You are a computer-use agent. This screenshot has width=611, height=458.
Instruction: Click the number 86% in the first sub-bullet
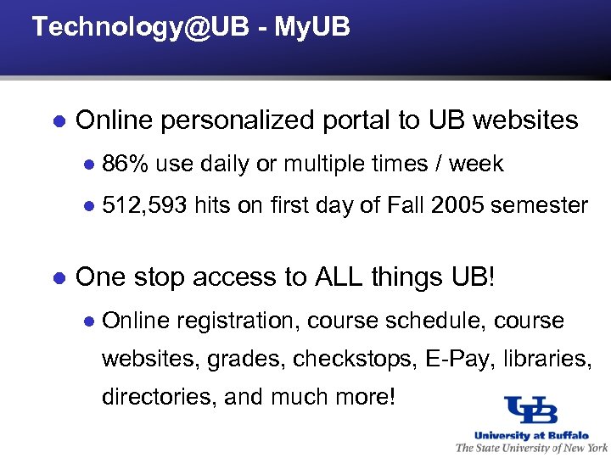click(126, 164)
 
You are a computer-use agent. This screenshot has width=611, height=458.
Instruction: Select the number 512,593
click(143, 205)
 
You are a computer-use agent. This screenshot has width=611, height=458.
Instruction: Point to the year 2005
click(457, 205)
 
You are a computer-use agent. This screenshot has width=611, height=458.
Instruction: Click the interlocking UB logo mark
click(530, 411)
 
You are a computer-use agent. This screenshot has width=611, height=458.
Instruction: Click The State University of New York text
click(531, 447)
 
